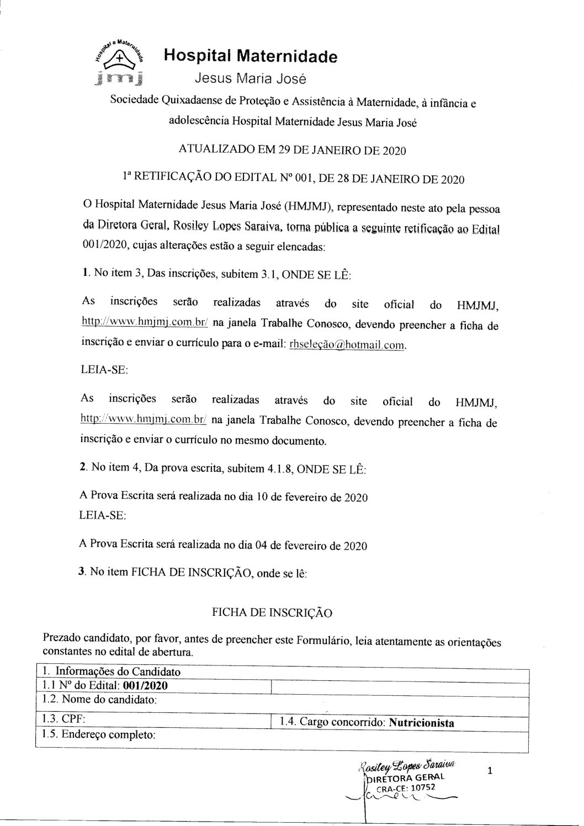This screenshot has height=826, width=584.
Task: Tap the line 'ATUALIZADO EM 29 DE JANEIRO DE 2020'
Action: [x=293, y=151]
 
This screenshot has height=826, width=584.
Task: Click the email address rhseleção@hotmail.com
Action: [x=348, y=345]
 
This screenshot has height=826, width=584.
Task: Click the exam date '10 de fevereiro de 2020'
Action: [x=311, y=497]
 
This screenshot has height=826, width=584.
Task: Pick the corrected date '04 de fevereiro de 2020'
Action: [x=311, y=546]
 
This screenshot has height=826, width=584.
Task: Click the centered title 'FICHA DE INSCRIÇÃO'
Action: [x=272, y=612]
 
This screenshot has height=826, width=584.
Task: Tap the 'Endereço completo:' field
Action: [x=108, y=735]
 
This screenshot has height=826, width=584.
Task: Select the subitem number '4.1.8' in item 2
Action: [x=279, y=469]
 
